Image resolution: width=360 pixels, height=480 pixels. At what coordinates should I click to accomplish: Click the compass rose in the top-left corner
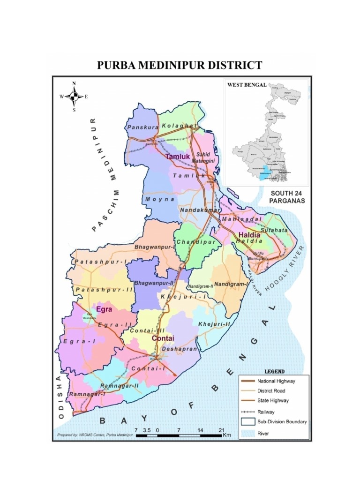tap(74, 97)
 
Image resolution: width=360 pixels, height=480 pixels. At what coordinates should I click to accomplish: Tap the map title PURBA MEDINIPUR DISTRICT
tap(180, 65)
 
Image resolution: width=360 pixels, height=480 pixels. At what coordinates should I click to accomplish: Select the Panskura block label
tap(141, 127)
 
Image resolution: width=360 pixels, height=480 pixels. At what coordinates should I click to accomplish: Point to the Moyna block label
tap(160, 199)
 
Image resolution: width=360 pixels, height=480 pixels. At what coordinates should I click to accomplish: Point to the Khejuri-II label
tap(214, 324)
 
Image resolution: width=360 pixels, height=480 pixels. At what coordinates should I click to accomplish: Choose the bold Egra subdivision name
tap(104, 309)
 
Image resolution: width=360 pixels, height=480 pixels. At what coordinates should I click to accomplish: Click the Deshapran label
tap(180, 349)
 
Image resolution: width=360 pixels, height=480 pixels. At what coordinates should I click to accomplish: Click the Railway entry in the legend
tap(266, 412)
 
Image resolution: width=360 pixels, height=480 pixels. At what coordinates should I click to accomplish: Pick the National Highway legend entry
tap(277, 381)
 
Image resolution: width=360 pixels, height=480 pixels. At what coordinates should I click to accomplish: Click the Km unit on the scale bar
tap(227, 435)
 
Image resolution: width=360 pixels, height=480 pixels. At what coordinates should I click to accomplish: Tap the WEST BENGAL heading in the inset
tap(247, 85)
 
